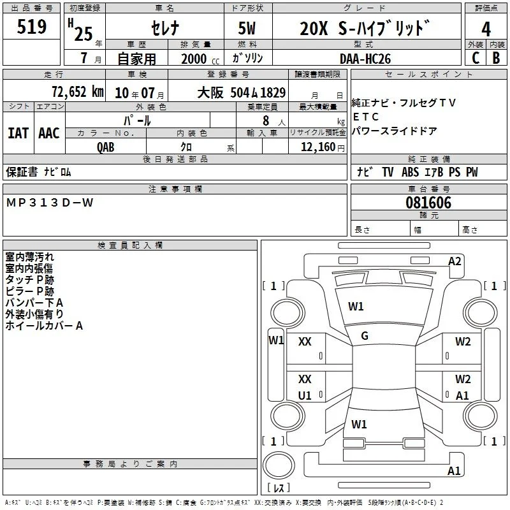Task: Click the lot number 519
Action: pyautogui.click(x=31, y=26)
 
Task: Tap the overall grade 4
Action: pyautogui.click(x=486, y=29)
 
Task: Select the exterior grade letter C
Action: pyautogui.click(x=476, y=58)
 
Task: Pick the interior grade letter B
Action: pyautogui.click(x=496, y=58)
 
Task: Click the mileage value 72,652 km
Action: pyautogui.click(x=78, y=92)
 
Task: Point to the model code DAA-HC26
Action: pyautogui.click(x=365, y=59)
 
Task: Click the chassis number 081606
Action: pyautogui.click(x=428, y=203)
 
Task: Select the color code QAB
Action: pyautogui.click(x=105, y=147)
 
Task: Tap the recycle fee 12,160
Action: pyautogui.click(x=318, y=147)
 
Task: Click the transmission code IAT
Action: pyautogui.click(x=18, y=133)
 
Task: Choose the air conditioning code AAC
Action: pyautogui.click(x=49, y=133)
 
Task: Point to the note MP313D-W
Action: pyautogui.click(x=50, y=203)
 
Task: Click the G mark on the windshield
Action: pyautogui.click(x=365, y=336)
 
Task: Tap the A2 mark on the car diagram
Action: pyautogui.click(x=455, y=261)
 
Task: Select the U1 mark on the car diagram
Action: pyautogui.click(x=305, y=395)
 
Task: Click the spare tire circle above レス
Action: pyautogui.click(x=279, y=465)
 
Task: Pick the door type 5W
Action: pyautogui.click(x=247, y=28)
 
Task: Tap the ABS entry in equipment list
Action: pyautogui.click(x=410, y=172)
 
